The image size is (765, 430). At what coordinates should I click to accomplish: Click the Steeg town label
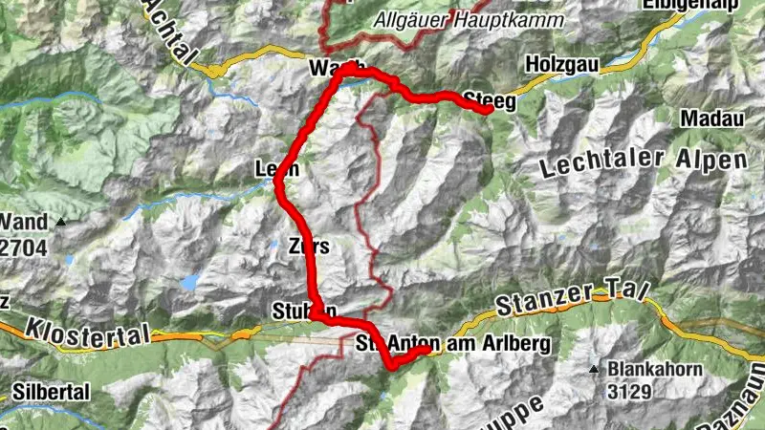point(490,97)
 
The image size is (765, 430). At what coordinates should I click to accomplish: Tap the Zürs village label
point(308,247)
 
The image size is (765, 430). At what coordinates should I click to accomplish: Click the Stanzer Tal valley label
point(572,295)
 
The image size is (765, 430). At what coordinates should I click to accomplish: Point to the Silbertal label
point(52,393)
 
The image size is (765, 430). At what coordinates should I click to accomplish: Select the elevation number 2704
point(22,242)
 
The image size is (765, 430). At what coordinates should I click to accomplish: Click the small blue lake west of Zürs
point(191,282)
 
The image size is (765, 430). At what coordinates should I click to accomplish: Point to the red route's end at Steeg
point(489,110)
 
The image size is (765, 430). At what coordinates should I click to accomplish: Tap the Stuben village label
point(304,311)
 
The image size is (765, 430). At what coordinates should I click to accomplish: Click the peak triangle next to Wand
point(62,222)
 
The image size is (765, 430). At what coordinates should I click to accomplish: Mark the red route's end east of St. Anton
point(427,350)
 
